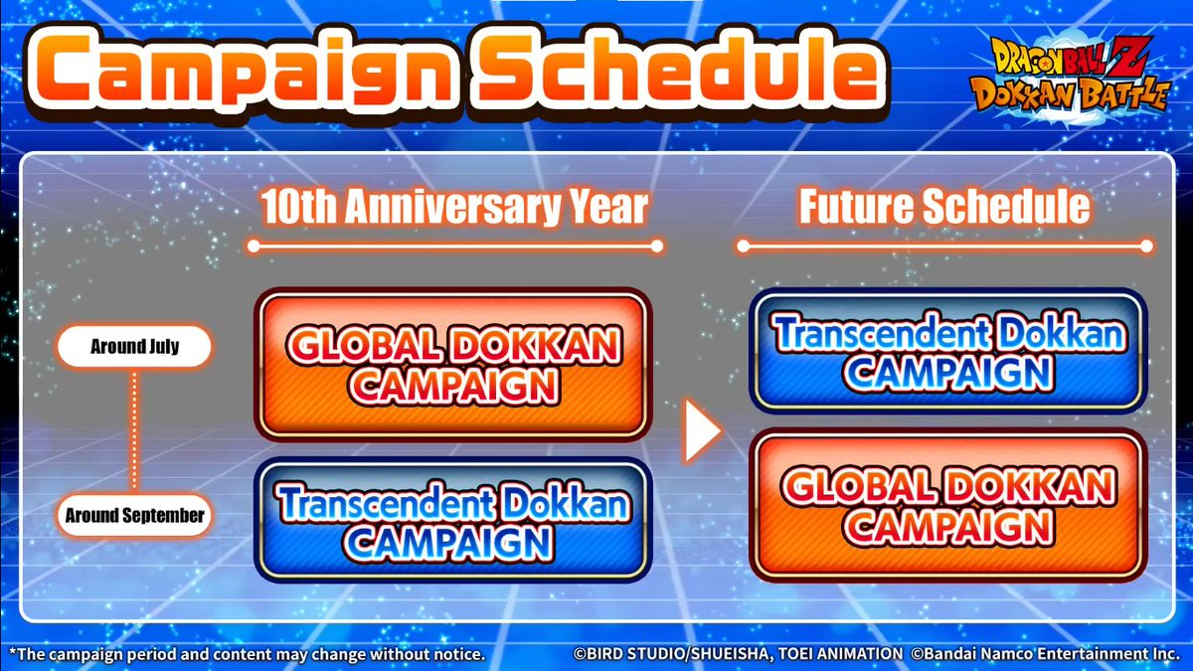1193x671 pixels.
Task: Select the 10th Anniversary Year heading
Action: click(454, 207)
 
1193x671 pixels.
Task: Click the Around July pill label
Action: click(134, 347)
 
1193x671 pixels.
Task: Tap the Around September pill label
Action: click(134, 515)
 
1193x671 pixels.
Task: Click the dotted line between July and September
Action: click(134, 430)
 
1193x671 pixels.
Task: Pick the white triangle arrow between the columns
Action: click(703, 430)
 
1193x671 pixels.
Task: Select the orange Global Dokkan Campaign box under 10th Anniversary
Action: click(453, 365)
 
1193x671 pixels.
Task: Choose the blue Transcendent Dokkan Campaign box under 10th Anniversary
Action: click(453, 520)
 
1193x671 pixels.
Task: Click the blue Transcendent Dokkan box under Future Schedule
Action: click(948, 352)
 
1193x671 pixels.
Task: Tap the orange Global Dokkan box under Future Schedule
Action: click(948, 506)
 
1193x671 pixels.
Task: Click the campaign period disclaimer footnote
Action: click(247, 654)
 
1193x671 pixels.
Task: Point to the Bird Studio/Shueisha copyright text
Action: click(738, 653)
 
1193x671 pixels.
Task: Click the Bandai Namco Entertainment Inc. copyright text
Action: click(1045, 653)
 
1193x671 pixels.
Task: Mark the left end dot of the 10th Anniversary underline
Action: click(254, 247)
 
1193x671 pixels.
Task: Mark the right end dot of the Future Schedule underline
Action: click(1147, 247)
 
